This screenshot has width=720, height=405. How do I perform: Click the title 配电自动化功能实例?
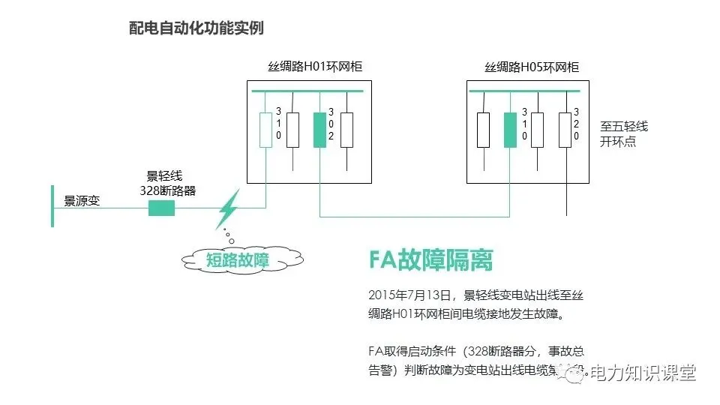(196, 28)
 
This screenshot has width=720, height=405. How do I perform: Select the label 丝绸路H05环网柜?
(532, 67)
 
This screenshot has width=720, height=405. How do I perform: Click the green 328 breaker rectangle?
(161, 208)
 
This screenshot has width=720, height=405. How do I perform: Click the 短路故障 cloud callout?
(238, 259)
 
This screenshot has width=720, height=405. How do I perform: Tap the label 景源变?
(82, 201)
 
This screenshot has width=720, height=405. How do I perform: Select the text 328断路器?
(168, 190)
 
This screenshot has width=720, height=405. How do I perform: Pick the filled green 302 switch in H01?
(319, 129)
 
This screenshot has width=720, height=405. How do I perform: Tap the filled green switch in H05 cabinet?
(510, 129)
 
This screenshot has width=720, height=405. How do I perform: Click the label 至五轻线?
(623, 126)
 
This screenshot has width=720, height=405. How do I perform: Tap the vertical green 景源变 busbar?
(52, 205)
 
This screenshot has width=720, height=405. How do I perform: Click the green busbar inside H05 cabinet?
(524, 91)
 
